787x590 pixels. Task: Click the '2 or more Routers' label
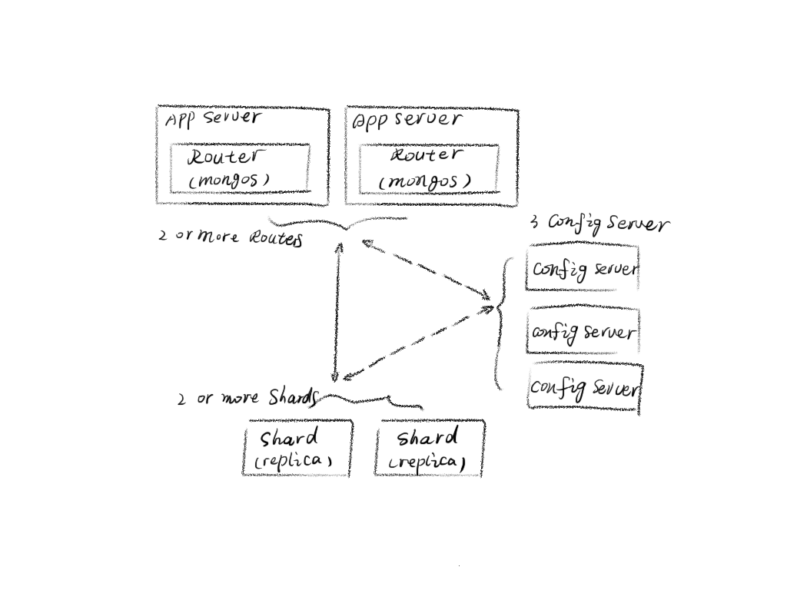coord(230,237)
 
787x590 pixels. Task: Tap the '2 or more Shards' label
coord(247,398)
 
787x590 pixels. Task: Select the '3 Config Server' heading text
coord(599,223)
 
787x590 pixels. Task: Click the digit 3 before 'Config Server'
coord(534,224)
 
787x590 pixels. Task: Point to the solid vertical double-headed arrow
coord(337,311)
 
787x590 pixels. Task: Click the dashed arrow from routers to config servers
coord(427,269)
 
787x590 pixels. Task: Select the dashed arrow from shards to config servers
coord(419,342)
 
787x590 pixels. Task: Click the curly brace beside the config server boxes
coord(503,323)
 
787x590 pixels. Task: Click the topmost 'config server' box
coord(583,268)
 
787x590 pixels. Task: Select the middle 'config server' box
coord(583,331)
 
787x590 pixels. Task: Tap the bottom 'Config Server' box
coord(584,388)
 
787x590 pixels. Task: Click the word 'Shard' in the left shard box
coord(289,439)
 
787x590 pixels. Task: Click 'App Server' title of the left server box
coord(212,118)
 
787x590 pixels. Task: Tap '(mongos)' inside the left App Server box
coord(229,180)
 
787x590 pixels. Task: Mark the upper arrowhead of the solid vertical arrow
coord(338,247)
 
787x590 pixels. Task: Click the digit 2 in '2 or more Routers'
coord(163,236)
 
